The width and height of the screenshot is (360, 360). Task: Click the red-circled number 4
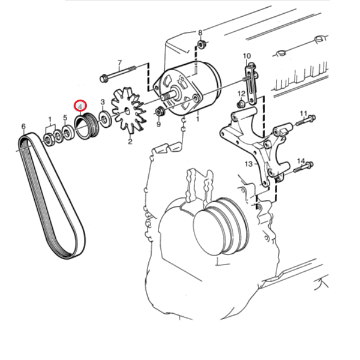[80, 106]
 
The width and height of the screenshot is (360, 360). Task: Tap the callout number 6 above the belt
[23, 126]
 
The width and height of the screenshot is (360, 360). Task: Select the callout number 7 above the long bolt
[119, 63]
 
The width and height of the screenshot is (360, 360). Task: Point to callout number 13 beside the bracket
[248, 164]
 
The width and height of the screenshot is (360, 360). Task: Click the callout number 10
[247, 56]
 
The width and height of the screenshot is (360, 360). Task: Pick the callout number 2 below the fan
[130, 142]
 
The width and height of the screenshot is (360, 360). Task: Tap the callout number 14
[301, 161]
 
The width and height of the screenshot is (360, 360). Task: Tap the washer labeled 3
[105, 118]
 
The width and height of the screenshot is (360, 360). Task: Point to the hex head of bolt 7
[104, 78]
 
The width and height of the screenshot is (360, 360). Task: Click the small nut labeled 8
[202, 44]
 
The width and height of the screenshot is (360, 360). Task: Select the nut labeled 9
[159, 112]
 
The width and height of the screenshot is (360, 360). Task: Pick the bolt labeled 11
[305, 121]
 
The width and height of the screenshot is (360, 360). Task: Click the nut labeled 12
[241, 104]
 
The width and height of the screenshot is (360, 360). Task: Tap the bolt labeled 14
[304, 167]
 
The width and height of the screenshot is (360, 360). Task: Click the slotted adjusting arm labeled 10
[251, 84]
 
